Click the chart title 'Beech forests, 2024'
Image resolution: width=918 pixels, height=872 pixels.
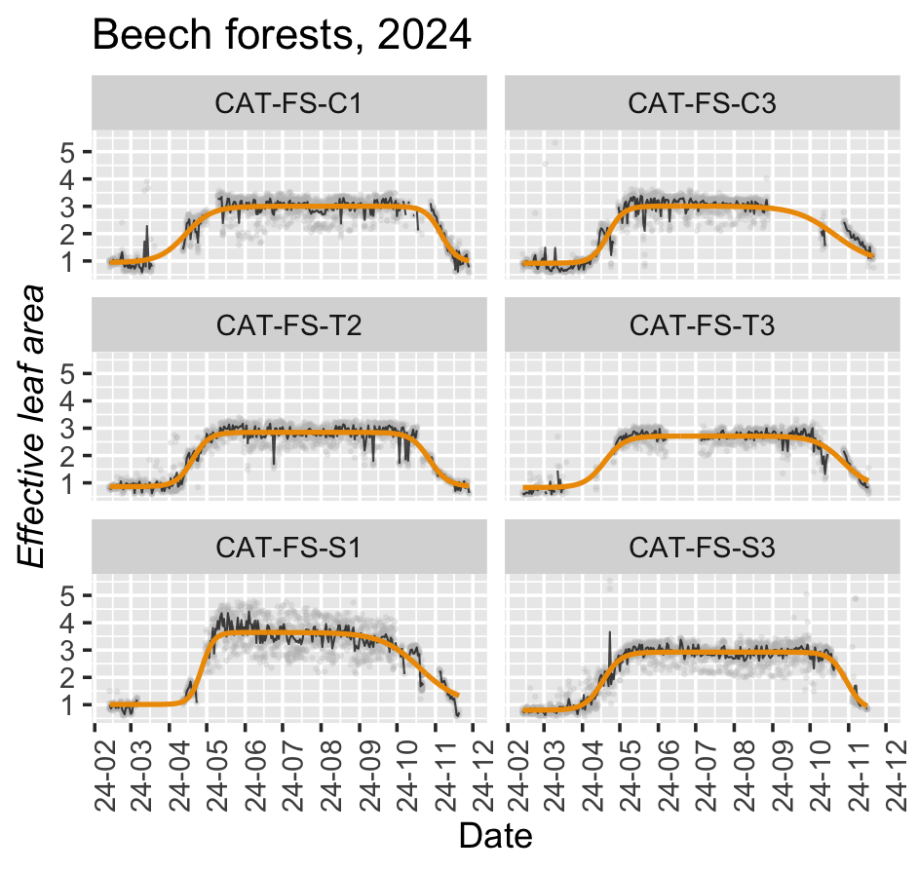282,36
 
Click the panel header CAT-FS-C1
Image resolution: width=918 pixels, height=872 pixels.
288,103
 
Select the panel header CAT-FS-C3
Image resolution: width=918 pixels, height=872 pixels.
702,103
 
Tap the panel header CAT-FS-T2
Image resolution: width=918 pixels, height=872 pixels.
288,324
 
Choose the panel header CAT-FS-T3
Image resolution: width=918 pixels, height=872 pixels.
702,324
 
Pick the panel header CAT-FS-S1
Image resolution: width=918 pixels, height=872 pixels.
288,547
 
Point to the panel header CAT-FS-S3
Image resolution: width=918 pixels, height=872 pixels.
702,547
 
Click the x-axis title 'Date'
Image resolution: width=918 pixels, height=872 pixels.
495,836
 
